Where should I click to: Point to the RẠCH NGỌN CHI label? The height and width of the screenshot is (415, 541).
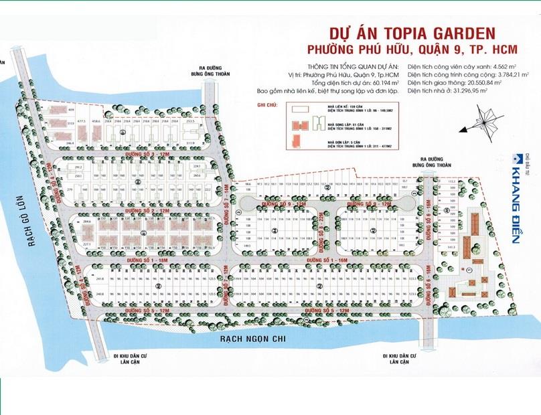click(252, 340)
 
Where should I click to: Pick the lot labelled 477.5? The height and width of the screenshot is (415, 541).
click(83, 121)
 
